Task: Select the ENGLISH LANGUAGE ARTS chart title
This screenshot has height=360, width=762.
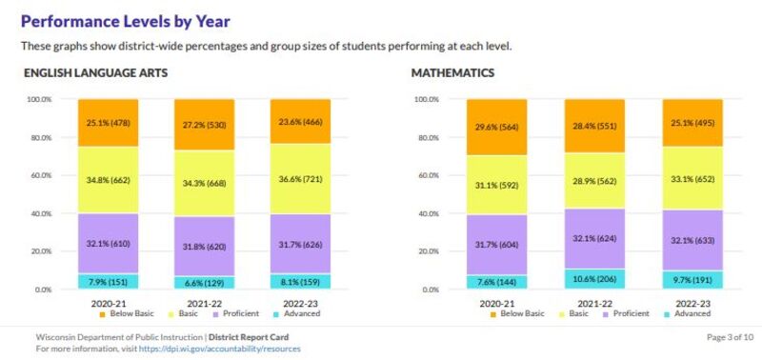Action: pyautogui.click(x=98, y=72)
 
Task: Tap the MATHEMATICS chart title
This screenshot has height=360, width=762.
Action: pyautogui.click(x=452, y=72)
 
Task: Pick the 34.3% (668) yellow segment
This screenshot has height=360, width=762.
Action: pyautogui.click(x=204, y=183)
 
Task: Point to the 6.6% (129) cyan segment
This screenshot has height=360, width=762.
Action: pyautogui.click(x=204, y=283)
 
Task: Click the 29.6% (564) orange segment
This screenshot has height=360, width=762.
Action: pyautogui.click(x=496, y=127)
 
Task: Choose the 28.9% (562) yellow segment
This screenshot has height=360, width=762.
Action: pyautogui.click(x=593, y=181)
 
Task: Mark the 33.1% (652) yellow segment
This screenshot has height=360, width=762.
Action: pyautogui.click(x=691, y=178)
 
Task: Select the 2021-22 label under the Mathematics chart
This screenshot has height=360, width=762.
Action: pyautogui.click(x=593, y=302)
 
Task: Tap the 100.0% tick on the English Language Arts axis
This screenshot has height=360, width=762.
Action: pyautogui.click(x=39, y=99)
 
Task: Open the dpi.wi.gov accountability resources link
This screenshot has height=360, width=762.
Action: pyautogui.click(x=219, y=349)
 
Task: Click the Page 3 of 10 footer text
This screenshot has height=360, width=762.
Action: pyautogui.click(x=731, y=337)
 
